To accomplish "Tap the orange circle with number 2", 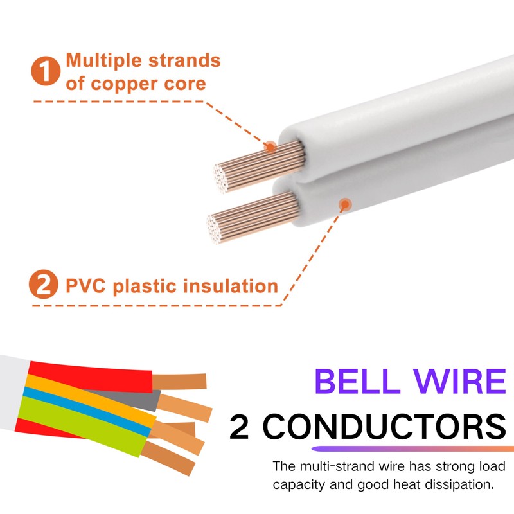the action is pyautogui.click(x=43, y=285).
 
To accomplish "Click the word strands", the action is pyautogui.click(x=182, y=61).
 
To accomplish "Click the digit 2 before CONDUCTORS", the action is pyautogui.click(x=240, y=426).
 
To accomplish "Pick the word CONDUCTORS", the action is pyautogui.click(x=383, y=426).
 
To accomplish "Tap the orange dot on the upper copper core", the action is pyautogui.click(x=270, y=147).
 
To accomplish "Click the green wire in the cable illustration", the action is pyautogui.click(x=84, y=425).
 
